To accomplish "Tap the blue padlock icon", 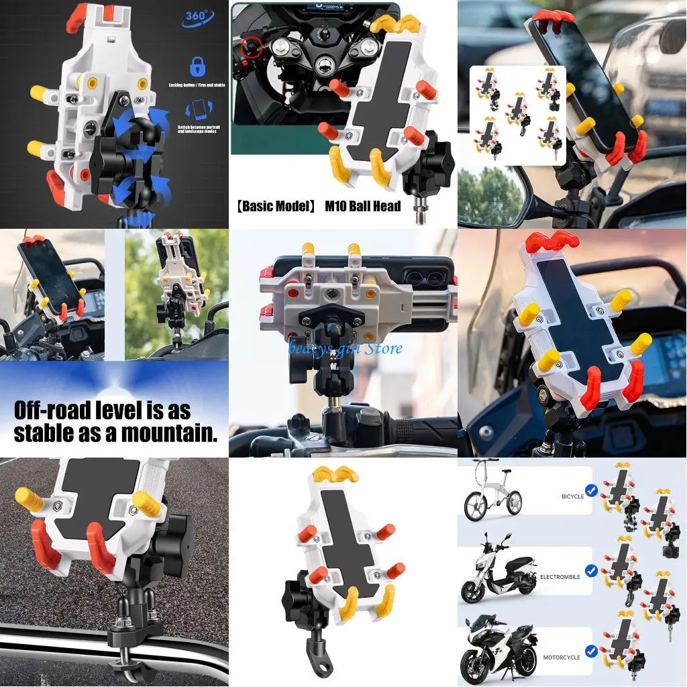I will (197, 66).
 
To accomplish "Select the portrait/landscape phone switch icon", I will (199, 109).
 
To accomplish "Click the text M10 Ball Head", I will (362, 206).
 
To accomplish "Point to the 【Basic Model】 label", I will (276, 206).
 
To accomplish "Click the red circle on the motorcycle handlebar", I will (250, 48).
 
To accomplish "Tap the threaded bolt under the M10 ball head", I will (421, 213).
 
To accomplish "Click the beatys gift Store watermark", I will (345, 348).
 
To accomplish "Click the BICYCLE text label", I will (572, 496).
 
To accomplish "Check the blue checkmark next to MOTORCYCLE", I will (590, 650).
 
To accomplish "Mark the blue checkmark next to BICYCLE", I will (590, 490).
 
